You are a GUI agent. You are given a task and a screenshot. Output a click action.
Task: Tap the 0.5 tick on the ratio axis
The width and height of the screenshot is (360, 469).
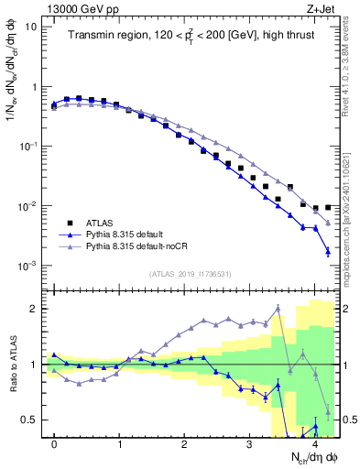click(29, 420)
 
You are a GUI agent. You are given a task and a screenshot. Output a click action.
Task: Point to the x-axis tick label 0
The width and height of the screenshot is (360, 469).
click(55, 442)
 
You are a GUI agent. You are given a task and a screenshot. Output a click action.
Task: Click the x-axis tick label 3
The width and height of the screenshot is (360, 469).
click(250, 442)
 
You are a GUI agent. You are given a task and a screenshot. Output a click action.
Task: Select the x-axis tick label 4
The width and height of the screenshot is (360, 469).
click(315, 442)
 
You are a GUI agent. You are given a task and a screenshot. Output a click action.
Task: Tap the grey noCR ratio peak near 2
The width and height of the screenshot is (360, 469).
click(278, 308)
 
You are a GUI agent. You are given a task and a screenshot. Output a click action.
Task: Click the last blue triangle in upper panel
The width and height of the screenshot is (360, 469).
click(328, 252)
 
